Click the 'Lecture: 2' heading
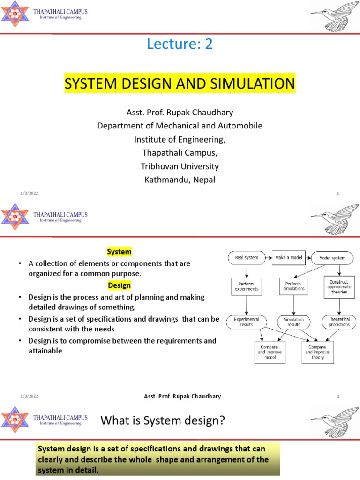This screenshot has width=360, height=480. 180,45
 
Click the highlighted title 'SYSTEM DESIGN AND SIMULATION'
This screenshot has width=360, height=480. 180,84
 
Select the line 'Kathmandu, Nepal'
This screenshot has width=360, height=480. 180,180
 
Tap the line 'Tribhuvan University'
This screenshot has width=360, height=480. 180,166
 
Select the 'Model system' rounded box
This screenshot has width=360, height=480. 332,258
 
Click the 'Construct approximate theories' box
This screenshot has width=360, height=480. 338,286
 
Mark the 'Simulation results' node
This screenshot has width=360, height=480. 293,322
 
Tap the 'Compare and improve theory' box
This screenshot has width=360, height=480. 317,352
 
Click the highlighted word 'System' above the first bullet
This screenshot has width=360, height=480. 119,252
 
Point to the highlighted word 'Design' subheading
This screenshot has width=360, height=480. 119,285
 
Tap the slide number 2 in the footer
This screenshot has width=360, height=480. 337,396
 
